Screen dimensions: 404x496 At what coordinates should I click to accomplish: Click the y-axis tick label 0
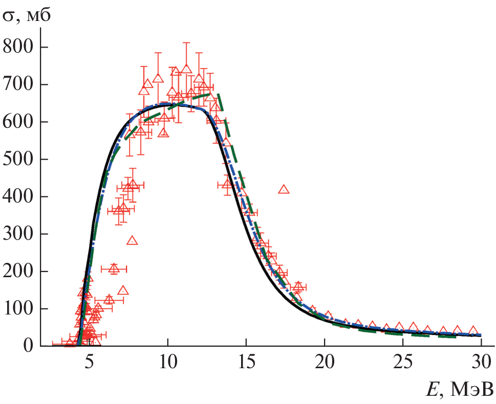(x=28, y=346)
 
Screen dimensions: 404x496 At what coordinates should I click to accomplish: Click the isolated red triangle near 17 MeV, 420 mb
(x=284, y=189)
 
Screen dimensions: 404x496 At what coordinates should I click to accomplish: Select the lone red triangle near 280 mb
(x=132, y=240)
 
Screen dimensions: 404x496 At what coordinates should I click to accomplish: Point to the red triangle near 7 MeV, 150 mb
(x=123, y=290)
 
